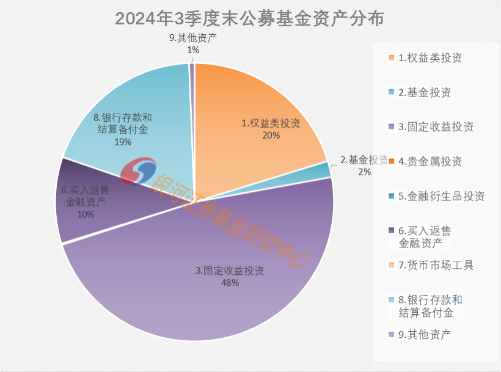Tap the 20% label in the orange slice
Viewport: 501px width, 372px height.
click(271, 135)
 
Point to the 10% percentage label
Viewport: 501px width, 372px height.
click(86, 214)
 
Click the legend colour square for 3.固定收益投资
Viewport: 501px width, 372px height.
click(391, 128)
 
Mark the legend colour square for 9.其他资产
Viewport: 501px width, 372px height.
click(391, 334)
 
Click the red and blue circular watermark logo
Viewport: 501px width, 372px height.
click(138, 172)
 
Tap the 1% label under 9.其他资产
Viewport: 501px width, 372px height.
click(193, 50)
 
